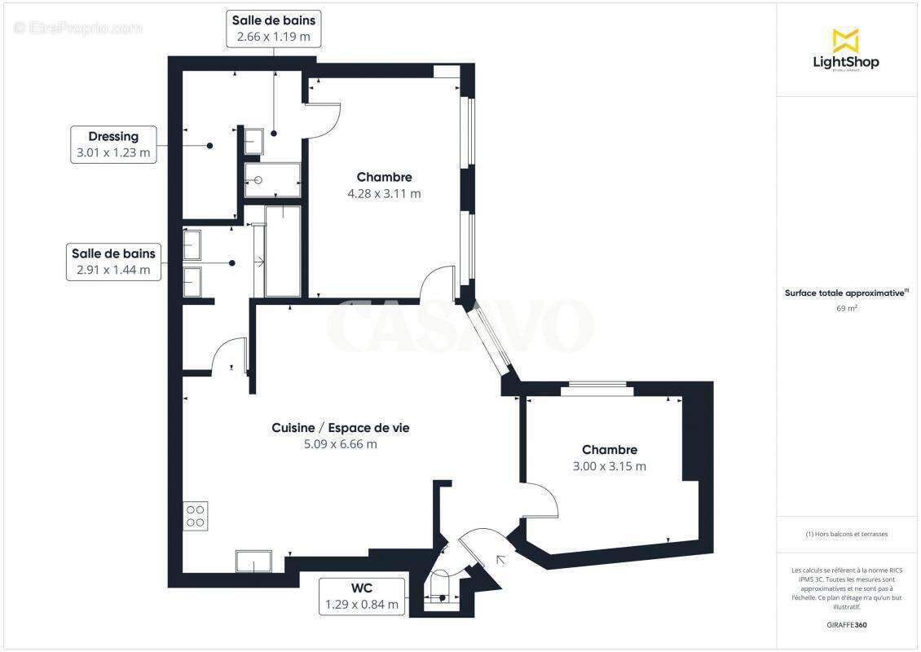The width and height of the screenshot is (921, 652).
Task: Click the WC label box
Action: (362, 596)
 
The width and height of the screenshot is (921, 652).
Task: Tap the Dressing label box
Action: (113, 145)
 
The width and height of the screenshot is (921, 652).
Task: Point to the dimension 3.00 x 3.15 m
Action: (610, 466)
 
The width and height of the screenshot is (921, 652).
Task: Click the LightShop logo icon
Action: (845, 40)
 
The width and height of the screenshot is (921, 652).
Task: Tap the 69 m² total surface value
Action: (845, 309)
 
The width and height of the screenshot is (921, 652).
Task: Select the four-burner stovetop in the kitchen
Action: (196, 516)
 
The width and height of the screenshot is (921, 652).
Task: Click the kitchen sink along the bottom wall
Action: (253, 562)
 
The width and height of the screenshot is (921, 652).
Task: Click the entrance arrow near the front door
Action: (500, 559)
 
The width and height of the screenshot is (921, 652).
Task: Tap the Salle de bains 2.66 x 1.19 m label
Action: (274, 28)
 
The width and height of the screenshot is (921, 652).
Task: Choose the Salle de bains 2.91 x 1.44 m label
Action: (112, 262)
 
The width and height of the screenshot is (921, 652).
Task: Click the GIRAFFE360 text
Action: (846, 624)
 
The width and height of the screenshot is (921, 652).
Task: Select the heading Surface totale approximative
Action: (845, 293)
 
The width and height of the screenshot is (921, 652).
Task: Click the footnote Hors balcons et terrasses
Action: (846, 534)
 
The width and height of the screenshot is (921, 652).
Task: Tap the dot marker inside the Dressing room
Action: (210, 146)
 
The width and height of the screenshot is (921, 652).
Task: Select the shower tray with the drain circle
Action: (273, 180)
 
